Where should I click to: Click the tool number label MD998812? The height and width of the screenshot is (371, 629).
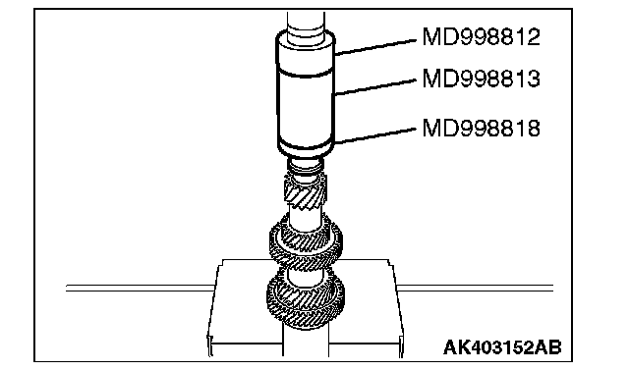tap(481, 37)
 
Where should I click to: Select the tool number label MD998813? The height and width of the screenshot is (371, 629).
tap(481, 79)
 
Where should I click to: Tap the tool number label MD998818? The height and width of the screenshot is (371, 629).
tap(481, 129)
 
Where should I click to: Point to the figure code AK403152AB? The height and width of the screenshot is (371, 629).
tap(502, 347)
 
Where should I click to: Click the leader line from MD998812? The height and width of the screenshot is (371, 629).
tap(375, 47)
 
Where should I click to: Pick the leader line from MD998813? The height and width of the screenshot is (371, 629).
tap(374, 87)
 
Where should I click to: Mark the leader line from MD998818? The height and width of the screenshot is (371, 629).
tap(375, 135)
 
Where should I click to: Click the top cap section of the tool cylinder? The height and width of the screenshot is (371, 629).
tap(306, 53)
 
